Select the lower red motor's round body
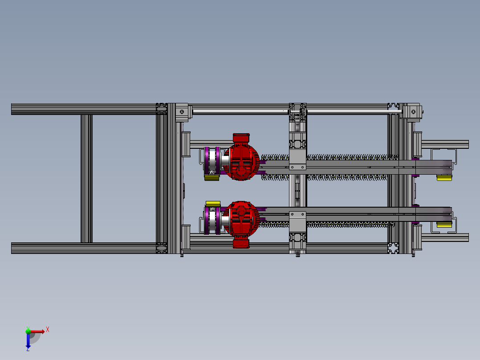point(241,219)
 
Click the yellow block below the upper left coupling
point(212,178)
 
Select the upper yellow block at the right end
point(444,178)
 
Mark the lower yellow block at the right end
point(444,225)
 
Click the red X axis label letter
point(48,329)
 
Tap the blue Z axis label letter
point(28,349)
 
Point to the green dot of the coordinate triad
point(28,331)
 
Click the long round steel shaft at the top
point(240,111)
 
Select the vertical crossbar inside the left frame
point(86,178)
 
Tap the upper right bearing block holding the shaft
point(413,111)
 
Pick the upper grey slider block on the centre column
point(297,160)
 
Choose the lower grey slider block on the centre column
point(297,220)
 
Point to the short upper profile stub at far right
point(445,144)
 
